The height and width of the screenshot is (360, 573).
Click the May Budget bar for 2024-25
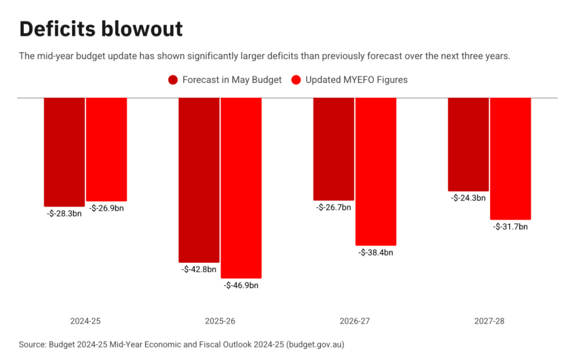tap(64, 152)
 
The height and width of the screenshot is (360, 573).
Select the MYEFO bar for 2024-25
tap(107, 149)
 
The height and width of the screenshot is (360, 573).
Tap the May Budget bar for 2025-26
tap(199, 179)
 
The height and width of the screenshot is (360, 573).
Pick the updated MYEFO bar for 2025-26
tap(241, 187)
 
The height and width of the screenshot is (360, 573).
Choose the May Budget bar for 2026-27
tap(334, 149)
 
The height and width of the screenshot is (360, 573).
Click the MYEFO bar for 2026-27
tap(376, 171)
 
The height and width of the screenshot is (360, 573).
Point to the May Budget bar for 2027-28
tap(468, 144)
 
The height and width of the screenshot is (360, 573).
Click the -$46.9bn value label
tap(241, 286)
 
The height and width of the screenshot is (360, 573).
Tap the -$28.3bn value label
tap(64, 214)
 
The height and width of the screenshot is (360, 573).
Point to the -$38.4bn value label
tap(376, 253)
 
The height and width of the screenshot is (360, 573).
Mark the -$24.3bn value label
tap(468, 198)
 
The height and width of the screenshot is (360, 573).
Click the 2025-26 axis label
tap(220, 321)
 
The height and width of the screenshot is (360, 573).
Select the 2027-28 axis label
tap(490, 321)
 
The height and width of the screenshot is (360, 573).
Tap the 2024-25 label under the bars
tap(85, 321)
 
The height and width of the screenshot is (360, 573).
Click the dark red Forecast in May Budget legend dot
tap(173, 80)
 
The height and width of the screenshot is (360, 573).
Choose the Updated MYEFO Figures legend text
tap(357, 80)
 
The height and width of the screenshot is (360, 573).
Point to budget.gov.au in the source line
tap(315, 345)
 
